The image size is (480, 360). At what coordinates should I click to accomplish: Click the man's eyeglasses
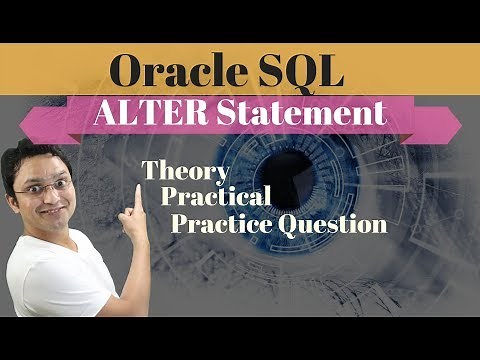(x=40, y=184)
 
